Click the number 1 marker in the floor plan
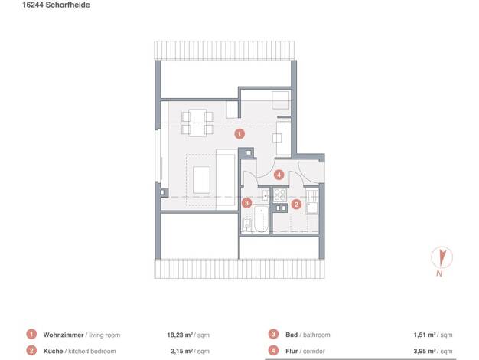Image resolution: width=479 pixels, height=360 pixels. coord(239,134)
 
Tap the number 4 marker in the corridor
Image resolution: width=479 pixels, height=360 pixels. coord(279,175)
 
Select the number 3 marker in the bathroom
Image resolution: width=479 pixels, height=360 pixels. coord(246,203)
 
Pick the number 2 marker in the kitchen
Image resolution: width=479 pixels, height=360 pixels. coord(296,204)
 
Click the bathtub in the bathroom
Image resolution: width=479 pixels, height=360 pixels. coord(261,219)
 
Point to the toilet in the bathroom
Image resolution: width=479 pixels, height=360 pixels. coord(247,224)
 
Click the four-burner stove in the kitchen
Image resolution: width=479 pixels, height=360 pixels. coord(280,195)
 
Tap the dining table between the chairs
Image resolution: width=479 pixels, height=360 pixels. coord(197,123)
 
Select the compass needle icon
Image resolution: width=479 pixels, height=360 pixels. coord(442,257)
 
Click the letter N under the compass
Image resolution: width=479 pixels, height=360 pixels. coord(439,273)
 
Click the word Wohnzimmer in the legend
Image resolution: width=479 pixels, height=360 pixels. coord(64,335)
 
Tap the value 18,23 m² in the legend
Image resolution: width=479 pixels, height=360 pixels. coord(180,335)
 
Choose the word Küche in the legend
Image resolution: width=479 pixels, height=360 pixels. coord(53,351)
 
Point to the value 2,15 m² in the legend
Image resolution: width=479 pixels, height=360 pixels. coord(181,351)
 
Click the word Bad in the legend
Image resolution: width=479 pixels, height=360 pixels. coord(292,335)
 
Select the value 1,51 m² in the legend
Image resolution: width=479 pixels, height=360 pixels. coord(425,335)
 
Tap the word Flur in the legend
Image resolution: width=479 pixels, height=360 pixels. coord(292,351)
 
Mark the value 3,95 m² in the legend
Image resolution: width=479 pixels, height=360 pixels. coord(425,351)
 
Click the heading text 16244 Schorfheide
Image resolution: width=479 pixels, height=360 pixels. coord(56,5)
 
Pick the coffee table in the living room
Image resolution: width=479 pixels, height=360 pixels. coord(201,180)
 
